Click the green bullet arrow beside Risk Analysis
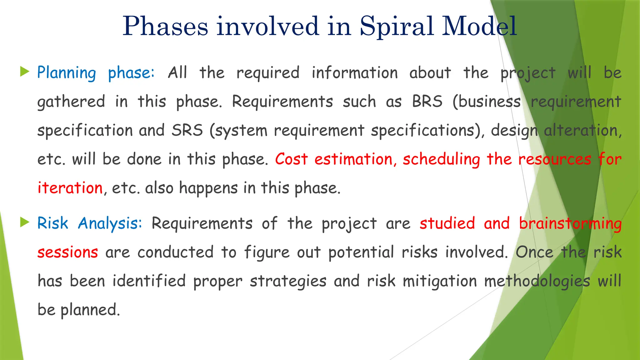pos(24,222)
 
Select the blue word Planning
pos(67,73)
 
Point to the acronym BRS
pos(427,102)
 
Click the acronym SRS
pos(187,130)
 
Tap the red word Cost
pos(291,159)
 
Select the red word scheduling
pos(441,160)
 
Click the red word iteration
pos(70,188)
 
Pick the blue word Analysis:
pos(110,224)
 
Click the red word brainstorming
pos(570,224)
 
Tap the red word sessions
pos(68,252)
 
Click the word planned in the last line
pos(90,310)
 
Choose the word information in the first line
pos(355,73)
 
